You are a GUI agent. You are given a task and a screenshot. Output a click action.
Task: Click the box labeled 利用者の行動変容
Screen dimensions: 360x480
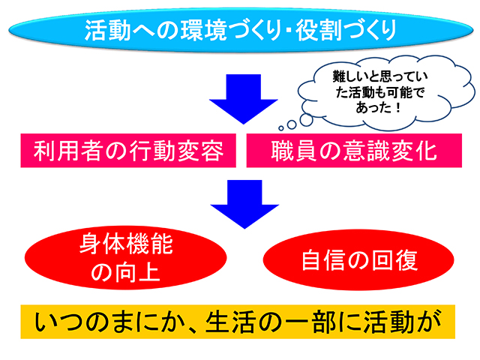coord(128,151)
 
